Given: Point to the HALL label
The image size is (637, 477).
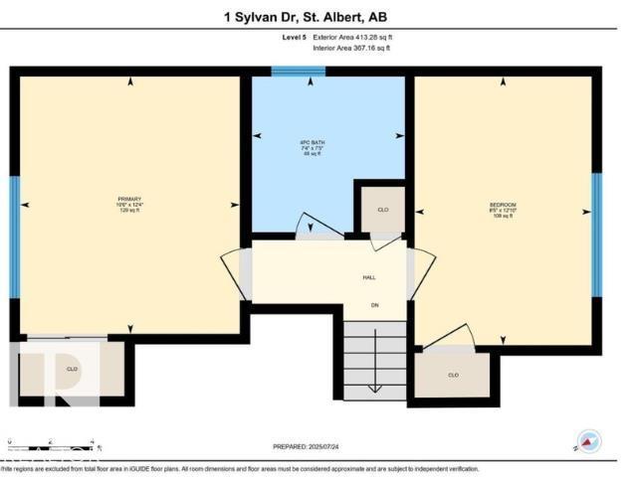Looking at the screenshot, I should click(x=367, y=279).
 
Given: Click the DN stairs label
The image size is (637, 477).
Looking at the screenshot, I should click(x=375, y=304).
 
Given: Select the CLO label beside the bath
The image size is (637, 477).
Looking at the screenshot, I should click(x=382, y=211).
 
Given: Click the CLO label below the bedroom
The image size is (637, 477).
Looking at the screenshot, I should click(x=452, y=376).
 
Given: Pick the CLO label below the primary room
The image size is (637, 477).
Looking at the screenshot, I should click(x=72, y=369).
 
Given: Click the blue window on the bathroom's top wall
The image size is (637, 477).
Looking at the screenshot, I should click(x=299, y=72).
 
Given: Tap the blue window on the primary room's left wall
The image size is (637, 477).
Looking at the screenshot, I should click(x=15, y=237).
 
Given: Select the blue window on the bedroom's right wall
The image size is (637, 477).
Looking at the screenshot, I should click(x=596, y=236).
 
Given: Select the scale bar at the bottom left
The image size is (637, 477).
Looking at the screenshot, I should click(x=50, y=442).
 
